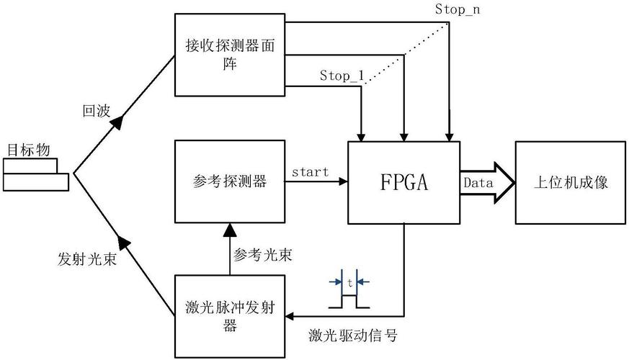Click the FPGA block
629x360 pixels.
point(403,181)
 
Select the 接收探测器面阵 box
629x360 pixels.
point(231,55)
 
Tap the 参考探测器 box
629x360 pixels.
point(231,181)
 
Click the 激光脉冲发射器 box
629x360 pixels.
point(231,316)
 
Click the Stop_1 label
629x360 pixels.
point(342,75)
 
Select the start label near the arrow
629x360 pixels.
point(311,172)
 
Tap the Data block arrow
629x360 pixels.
point(487,183)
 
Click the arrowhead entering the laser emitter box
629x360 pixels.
point(292,316)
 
